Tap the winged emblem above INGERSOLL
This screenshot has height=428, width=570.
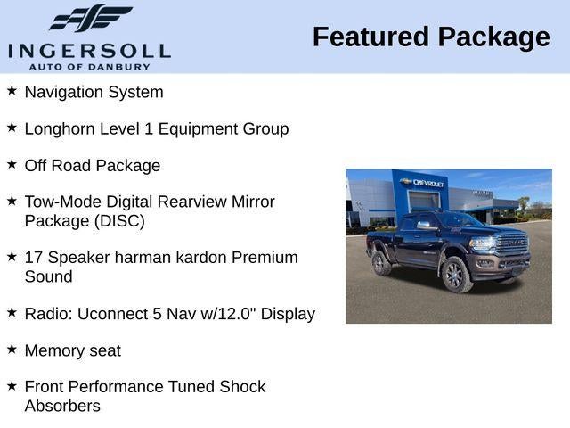89,19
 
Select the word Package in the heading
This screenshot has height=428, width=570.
494,37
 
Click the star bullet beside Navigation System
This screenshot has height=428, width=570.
12,91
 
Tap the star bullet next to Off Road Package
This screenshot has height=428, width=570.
12,164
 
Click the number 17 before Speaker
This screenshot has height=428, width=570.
33,257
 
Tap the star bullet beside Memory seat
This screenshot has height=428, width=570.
12,350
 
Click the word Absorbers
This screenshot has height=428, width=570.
62,406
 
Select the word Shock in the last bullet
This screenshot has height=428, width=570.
243,386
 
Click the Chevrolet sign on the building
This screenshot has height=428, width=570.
425,183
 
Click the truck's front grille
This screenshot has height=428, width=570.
513,244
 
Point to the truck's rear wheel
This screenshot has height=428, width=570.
381,263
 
